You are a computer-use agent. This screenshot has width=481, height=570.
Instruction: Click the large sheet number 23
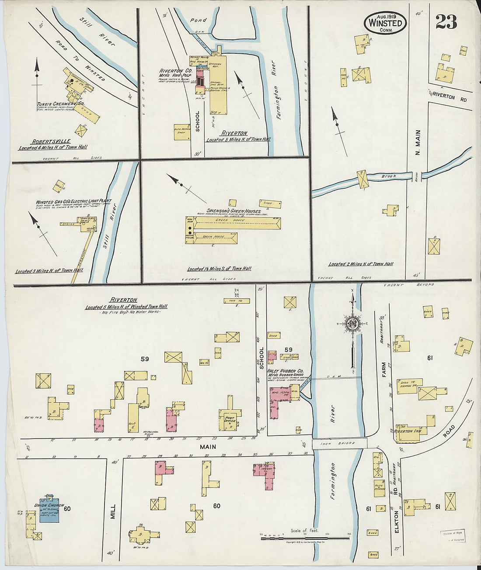click(446, 21)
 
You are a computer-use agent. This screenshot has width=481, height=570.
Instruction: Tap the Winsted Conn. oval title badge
click(385, 22)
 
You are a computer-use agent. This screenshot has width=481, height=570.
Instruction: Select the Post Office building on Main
click(230, 419)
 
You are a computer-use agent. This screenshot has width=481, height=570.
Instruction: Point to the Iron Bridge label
click(339, 443)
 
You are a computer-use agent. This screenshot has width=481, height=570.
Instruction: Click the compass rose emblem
click(352, 324)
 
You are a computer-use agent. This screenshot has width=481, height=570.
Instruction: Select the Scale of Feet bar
click(305, 538)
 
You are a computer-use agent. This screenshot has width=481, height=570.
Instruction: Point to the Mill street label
click(113, 512)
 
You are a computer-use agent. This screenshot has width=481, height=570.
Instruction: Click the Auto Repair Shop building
click(182, 131)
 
